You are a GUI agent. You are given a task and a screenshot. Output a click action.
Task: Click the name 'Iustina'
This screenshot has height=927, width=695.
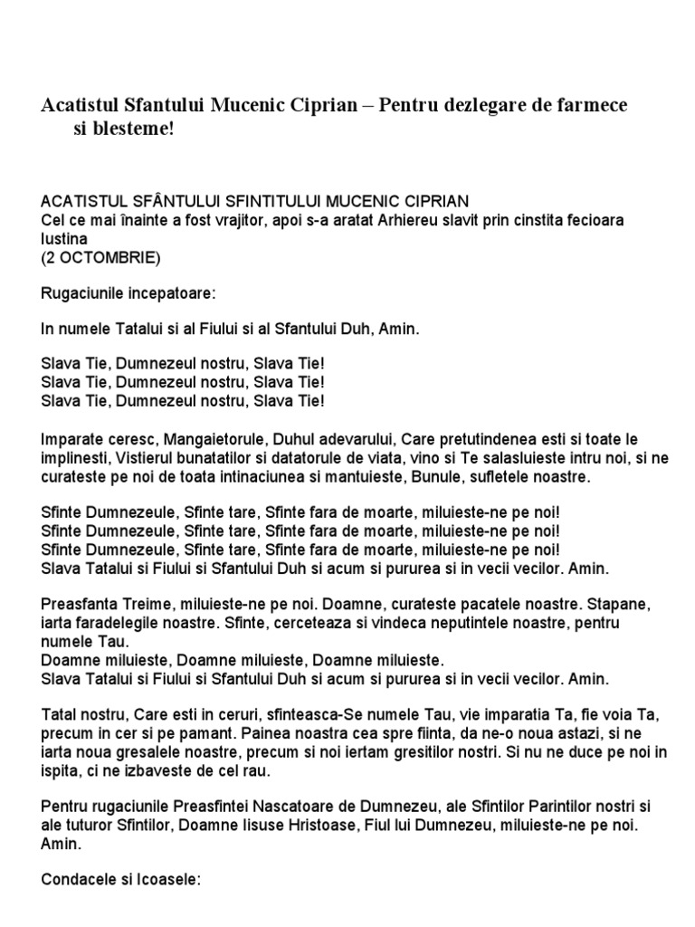click(64, 239)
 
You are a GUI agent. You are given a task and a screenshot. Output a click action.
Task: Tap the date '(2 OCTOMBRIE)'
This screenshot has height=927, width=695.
click(100, 258)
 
